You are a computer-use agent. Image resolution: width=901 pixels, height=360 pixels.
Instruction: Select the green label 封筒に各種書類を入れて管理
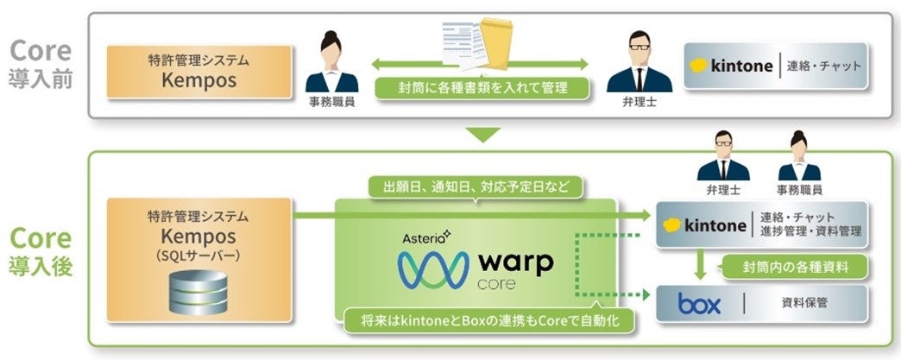[x=482, y=88]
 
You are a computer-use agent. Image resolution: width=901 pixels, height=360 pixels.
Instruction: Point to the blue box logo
[x=700, y=303]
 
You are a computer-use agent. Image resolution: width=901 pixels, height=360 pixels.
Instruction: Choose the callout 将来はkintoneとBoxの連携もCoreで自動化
[x=485, y=321]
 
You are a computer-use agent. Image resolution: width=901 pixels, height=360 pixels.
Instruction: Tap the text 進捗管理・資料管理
[x=811, y=233]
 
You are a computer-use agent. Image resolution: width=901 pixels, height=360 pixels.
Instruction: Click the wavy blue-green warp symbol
[x=431, y=269]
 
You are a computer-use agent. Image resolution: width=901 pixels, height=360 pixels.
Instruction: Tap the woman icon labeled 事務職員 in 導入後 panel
[x=799, y=158]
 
